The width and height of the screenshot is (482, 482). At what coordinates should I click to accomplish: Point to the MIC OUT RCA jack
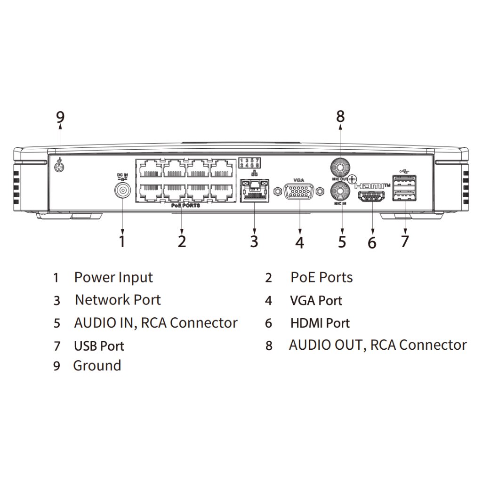pos(340,167)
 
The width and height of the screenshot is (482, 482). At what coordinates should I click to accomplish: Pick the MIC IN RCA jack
pos(340,192)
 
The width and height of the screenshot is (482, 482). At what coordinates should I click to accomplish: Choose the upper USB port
pos(403,181)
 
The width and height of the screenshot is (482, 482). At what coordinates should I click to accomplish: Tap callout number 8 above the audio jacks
pos(340,115)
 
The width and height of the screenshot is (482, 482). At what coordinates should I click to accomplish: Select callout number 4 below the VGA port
pos(300,242)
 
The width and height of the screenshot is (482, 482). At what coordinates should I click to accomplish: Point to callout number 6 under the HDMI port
pos(372,242)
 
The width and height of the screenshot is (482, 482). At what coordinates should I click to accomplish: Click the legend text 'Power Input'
pos(113,277)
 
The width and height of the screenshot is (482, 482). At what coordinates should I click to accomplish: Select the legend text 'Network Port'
pos(118,300)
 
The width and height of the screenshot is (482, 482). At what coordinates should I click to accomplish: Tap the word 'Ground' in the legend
pos(97,366)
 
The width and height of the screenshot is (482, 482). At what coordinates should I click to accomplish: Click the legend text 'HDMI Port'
pos(320,323)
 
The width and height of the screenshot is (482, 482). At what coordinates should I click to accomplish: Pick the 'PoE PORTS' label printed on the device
pos(185,205)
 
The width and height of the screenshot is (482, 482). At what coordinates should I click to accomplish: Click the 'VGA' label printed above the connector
pos(299,179)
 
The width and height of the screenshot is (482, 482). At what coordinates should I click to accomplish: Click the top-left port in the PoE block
pos(149,168)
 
